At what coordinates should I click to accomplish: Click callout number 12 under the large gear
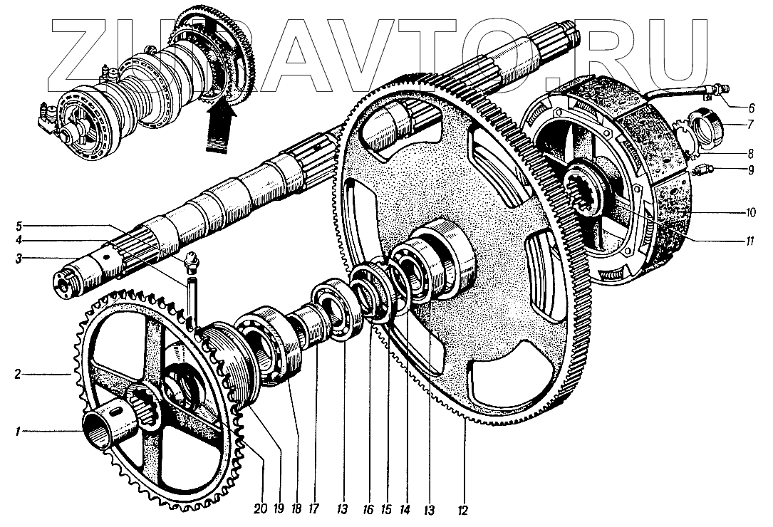point(465,510)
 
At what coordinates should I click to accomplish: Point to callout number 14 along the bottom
point(405,510)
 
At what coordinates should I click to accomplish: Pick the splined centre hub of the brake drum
point(586,189)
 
